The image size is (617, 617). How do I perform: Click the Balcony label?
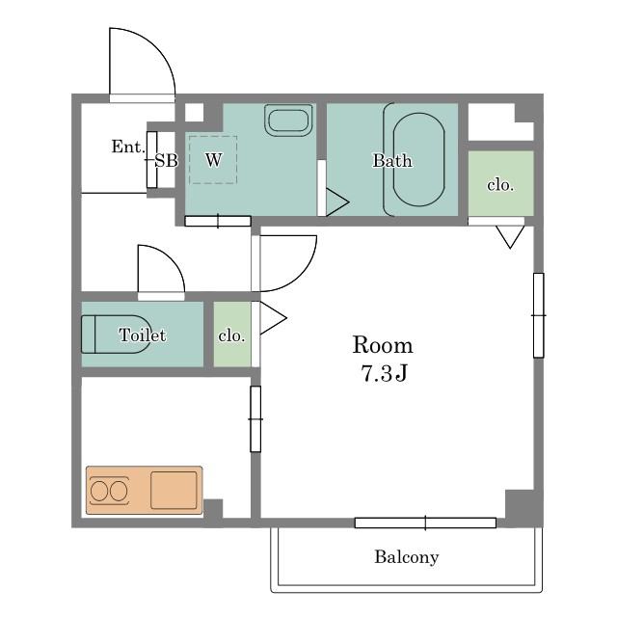click(x=407, y=557)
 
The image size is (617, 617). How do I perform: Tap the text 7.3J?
click(x=384, y=373)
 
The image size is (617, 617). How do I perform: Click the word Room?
click(x=383, y=345)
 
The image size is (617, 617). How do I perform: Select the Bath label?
click(x=392, y=161)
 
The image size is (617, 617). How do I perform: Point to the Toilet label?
click(x=143, y=335)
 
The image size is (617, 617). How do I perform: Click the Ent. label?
click(x=128, y=147)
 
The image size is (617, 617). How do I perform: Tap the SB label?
click(x=166, y=161)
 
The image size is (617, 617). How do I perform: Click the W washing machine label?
click(x=214, y=160)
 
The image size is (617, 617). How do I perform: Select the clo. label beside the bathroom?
click(x=500, y=184)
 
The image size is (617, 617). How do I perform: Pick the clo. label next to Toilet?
click(x=231, y=335)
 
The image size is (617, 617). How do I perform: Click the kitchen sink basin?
click(x=174, y=490)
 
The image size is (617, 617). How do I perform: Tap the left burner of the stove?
click(x=98, y=491)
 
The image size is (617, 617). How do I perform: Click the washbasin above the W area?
click(x=288, y=120)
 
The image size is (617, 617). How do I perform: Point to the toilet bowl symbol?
click(x=116, y=335)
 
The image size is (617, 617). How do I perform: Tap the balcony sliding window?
click(x=425, y=523)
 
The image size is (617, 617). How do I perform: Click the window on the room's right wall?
click(x=539, y=315)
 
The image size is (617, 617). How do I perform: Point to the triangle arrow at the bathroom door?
click(x=337, y=202)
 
